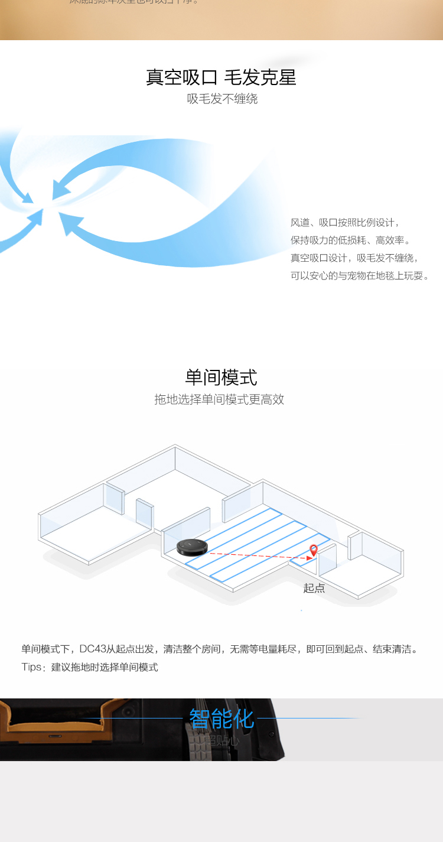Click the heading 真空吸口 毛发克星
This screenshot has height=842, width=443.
[x=221, y=77]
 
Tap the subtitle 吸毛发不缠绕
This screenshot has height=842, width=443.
[x=222, y=99]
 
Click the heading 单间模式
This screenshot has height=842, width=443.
[x=221, y=377]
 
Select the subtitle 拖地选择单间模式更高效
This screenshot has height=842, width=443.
[x=219, y=399]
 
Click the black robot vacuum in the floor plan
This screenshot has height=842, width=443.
[x=192, y=547]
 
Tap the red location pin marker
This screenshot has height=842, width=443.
[x=314, y=550]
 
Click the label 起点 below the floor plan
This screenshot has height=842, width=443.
[x=314, y=588]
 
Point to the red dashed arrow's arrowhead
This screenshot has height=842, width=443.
[x=310, y=557]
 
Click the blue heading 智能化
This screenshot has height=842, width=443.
[x=221, y=719]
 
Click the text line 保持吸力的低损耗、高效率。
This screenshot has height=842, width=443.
[x=350, y=240]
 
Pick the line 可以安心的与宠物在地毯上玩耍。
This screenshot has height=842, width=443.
[x=360, y=276]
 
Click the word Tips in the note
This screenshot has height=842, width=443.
[x=31, y=667]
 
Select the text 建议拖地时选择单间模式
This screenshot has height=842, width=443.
[x=105, y=667]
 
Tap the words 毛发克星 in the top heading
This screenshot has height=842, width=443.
[x=260, y=77]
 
